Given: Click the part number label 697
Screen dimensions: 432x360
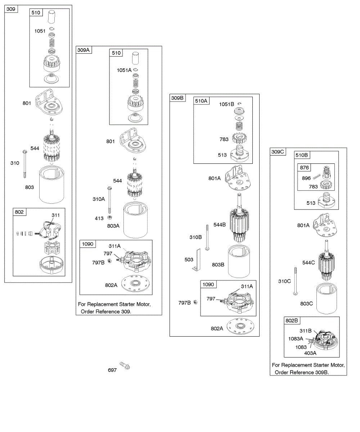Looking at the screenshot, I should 112,370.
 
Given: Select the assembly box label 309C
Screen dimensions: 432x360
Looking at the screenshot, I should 278,152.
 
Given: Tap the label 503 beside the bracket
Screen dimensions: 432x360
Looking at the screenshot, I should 189,260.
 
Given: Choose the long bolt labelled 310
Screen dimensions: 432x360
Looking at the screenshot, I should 25,164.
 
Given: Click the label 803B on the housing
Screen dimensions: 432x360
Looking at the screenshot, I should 218,265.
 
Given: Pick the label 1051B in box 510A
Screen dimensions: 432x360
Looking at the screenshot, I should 227,104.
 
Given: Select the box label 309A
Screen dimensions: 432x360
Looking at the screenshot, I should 83,50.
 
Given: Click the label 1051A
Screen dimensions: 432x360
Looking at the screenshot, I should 124,70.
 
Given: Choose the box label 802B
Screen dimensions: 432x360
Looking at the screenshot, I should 292,320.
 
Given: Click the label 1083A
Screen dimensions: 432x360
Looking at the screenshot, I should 296,338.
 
